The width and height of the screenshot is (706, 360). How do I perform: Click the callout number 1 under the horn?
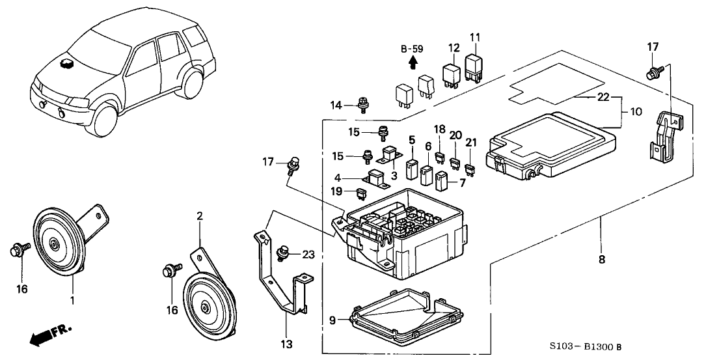point(73,301)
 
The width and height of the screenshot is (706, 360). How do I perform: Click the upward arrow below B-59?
point(412,62)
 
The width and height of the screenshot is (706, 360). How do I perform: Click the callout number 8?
point(601,259)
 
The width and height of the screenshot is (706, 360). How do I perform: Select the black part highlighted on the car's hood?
point(66,63)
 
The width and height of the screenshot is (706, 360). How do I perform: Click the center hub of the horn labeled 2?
point(206,309)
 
